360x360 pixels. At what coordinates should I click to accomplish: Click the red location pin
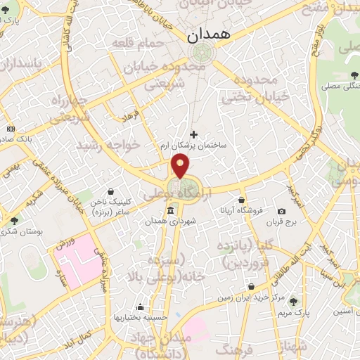pos(181,166)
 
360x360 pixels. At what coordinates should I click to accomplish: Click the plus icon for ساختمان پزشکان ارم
pos(194,134)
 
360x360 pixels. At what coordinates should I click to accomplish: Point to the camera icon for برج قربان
pos(281,212)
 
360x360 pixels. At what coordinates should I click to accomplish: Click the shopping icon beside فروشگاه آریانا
pos(242,200)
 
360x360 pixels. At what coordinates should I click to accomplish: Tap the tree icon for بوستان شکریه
pos(14,221)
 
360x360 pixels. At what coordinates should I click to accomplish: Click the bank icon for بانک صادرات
pos(10,129)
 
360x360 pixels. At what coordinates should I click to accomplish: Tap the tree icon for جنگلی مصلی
pos(351,77)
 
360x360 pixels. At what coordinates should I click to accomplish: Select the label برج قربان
pos(282,222)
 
